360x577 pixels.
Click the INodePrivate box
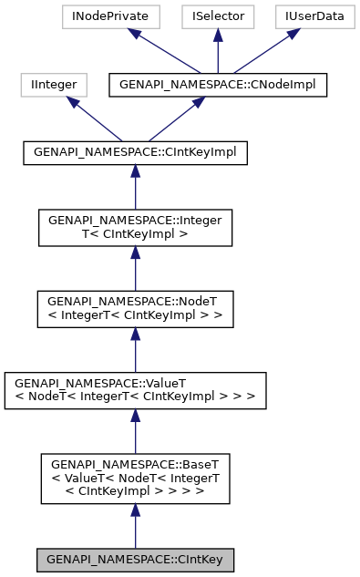click(x=109, y=16)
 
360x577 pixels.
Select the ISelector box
click(x=217, y=16)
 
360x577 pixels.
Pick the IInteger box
click(x=54, y=86)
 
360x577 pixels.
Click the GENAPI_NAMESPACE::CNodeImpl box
click(x=217, y=86)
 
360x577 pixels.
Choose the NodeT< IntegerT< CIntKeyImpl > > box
click(x=135, y=307)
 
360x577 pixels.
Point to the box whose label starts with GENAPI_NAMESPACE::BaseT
click(x=135, y=477)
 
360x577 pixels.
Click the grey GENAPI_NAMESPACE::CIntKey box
click(x=135, y=559)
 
